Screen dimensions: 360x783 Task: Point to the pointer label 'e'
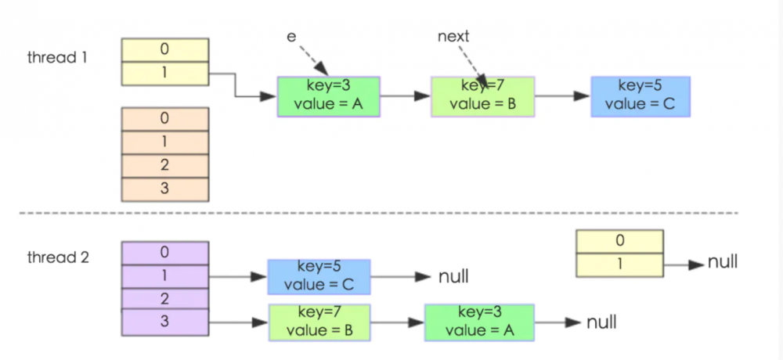click(291, 36)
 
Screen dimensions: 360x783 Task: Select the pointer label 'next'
click(453, 36)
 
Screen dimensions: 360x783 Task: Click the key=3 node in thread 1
click(328, 96)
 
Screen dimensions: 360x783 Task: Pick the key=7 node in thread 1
click(482, 96)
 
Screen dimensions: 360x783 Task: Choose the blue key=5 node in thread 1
click(640, 96)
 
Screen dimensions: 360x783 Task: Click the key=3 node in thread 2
click(478, 322)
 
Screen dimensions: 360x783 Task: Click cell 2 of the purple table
click(165, 298)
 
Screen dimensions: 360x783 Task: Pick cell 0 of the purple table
click(165, 253)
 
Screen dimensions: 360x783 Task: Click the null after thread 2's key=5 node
click(454, 276)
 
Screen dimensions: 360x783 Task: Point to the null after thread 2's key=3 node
click(601, 322)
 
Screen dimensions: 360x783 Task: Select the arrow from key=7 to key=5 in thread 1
click(562, 96)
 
